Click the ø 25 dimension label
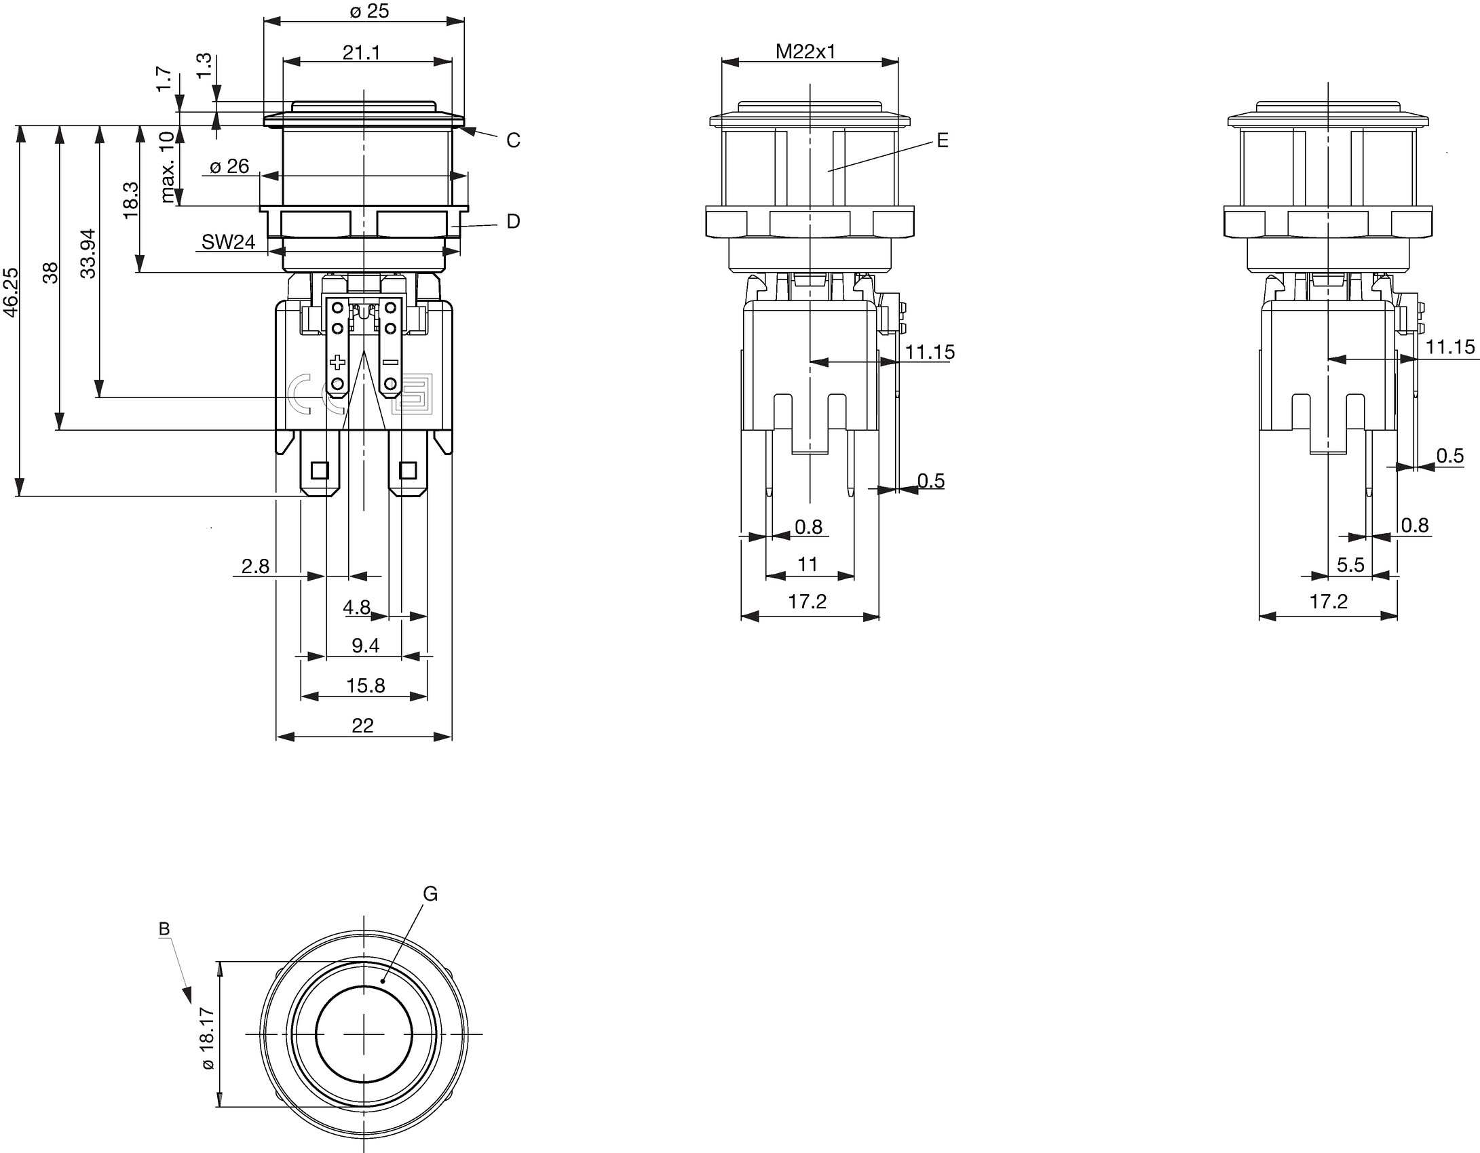[369, 11]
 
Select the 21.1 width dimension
[361, 52]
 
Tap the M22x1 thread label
[805, 52]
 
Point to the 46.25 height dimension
[11, 292]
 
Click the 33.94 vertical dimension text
[88, 254]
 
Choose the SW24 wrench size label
[228, 242]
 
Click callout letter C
[513, 140]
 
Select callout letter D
[513, 222]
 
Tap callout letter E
[942, 140]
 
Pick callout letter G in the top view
[430, 894]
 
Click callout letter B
[164, 929]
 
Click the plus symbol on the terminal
[337, 362]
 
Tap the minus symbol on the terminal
[390, 362]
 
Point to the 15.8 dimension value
[365, 686]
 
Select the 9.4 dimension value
[365, 646]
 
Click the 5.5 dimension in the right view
[1350, 565]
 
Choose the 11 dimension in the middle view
[808, 564]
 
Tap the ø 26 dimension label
[229, 166]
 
